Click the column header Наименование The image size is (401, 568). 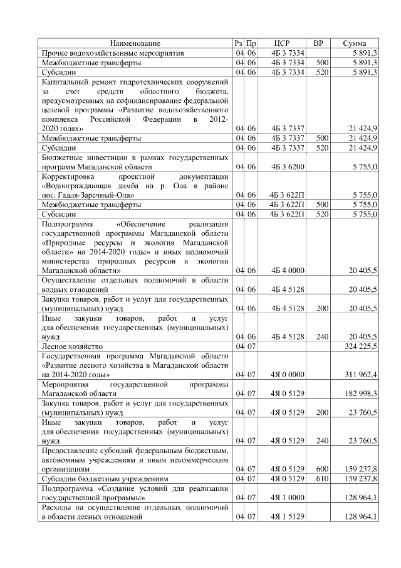(x=135, y=43)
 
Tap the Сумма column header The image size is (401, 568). (x=355, y=43)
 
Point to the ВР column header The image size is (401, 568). (x=318, y=43)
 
